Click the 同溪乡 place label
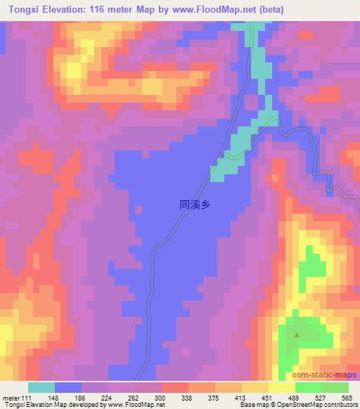click(195, 205)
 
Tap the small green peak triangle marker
click(296, 335)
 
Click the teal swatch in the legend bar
click(41, 387)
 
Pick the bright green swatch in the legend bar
click(309, 387)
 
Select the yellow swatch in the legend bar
click(282, 387)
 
